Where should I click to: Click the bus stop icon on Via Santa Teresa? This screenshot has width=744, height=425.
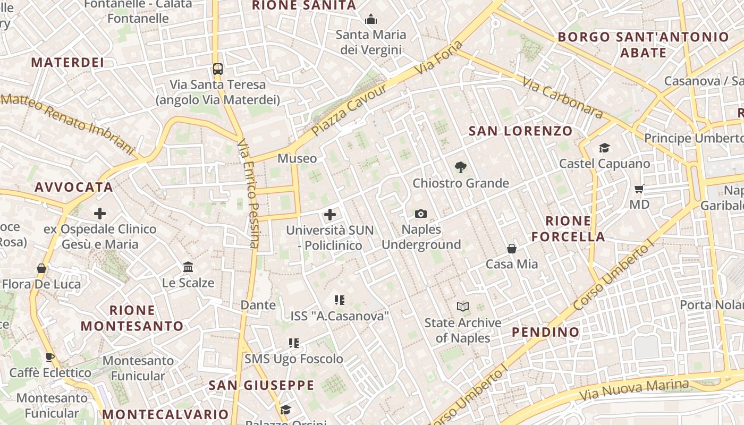coord(218,69)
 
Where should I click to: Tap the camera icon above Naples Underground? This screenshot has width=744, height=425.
coord(421,214)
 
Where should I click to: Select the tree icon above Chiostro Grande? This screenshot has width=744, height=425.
coord(461,167)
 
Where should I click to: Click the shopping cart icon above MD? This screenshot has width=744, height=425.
coord(639,189)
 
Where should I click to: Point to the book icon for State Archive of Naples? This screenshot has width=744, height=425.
coord(463,307)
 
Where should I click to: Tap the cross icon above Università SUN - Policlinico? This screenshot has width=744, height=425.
coord(330,215)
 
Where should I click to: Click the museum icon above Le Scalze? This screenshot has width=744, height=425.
coord(188,267)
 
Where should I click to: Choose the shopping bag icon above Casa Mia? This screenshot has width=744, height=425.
coord(511,248)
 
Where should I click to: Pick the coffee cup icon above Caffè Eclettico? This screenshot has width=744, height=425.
coord(50,357)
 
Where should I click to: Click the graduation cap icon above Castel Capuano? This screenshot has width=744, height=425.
coord(604,148)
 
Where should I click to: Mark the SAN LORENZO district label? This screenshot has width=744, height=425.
coord(520,131)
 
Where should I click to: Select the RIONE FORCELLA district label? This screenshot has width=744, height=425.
coord(568,228)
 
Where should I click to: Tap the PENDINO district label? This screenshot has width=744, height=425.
coord(545,332)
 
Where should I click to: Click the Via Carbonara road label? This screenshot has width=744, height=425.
coord(562,97)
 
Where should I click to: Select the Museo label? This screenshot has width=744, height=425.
coord(297,158)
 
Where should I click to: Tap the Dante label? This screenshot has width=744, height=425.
coord(258,305)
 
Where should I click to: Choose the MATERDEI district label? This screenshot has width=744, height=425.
coord(67,62)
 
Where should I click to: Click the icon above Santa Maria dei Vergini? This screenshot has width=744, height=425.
coord(370,20)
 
